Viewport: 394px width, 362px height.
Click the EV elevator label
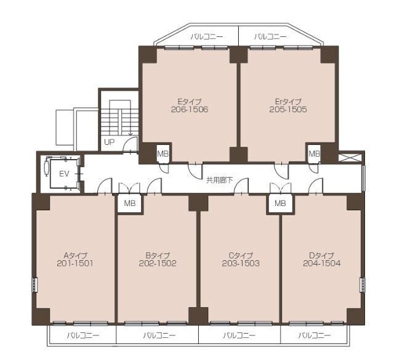click(64, 174)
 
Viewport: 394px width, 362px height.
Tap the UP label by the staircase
click(110, 142)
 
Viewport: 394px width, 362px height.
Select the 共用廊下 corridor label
click(219, 180)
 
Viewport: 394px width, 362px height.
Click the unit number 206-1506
click(189, 110)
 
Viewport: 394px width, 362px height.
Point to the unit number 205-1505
click(288, 110)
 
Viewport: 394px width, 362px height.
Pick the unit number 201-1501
click(75, 263)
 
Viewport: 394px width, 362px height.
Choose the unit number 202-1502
click(158, 263)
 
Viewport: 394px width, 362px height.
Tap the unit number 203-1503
click(241, 263)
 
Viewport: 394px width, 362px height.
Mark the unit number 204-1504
click(322, 263)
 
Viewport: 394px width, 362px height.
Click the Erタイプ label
click(288, 102)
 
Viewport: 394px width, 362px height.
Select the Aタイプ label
click(75, 255)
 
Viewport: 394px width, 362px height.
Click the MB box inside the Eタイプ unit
click(163, 154)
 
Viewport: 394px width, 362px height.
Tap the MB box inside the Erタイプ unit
click(314, 154)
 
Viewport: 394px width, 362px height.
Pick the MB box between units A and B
click(130, 204)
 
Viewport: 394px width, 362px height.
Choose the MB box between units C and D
click(280, 204)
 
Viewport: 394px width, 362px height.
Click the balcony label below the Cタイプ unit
click(239, 335)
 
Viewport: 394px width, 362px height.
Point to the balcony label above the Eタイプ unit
click(207, 37)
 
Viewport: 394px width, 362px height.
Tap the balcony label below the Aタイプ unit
click(83, 335)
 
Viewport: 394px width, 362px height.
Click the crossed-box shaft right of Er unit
click(350, 157)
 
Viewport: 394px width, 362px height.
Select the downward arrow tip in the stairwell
click(130, 136)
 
